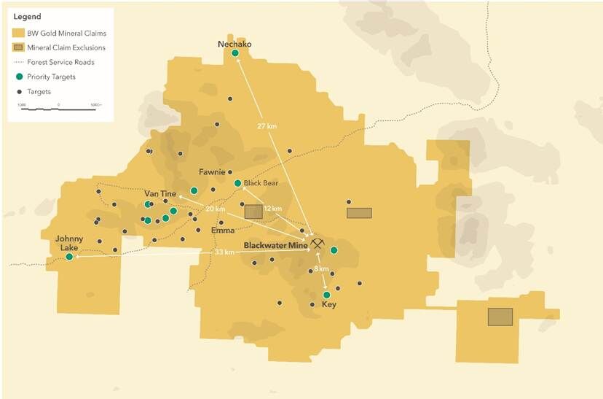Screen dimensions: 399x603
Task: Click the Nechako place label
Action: tap(234, 44)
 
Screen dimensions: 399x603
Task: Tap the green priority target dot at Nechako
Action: tap(234, 53)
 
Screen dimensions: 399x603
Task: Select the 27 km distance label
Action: tap(267, 126)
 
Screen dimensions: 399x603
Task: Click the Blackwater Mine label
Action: tap(275, 245)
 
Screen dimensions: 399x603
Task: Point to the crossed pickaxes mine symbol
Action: tap(317, 242)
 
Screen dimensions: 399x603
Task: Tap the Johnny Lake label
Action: tap(69, 242)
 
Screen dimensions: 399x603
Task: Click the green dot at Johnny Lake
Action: tap(69, 257)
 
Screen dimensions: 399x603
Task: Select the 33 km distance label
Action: tap(224, 252)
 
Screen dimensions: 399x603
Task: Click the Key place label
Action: tap(328, 306)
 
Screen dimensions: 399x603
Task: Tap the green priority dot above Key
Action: tap(326, 295)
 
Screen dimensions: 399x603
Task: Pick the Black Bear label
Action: tap(261, 183)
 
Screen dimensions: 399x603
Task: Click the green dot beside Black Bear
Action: tap(237, 183)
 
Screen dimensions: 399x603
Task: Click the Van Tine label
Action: tap(160, 193)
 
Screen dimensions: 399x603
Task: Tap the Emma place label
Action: tap(222, 231)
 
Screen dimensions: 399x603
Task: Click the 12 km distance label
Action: tap(272, 209)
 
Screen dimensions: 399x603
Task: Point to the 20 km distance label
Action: tap(215, 209)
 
